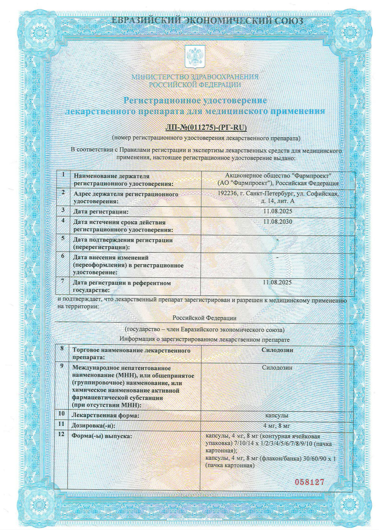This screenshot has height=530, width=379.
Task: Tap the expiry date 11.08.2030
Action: click(277, 221)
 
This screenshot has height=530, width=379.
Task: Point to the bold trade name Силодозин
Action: click(277, 350)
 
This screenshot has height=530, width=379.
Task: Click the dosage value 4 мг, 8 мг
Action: click(277, 425)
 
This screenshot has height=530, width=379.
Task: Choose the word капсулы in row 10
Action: click(277, 416)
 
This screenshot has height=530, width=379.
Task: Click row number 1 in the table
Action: click(63, 175)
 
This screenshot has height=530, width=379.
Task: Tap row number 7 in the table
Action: click(63, 281)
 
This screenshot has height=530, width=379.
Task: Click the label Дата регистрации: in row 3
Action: click(101, 212)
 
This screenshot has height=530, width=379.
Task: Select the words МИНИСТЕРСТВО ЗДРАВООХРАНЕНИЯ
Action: click(195, 77)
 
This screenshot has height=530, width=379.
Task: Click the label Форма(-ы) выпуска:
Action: click(102, 436)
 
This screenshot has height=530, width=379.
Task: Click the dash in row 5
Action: click(278, 238)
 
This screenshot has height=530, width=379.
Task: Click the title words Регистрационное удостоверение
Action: click(195, 100)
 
